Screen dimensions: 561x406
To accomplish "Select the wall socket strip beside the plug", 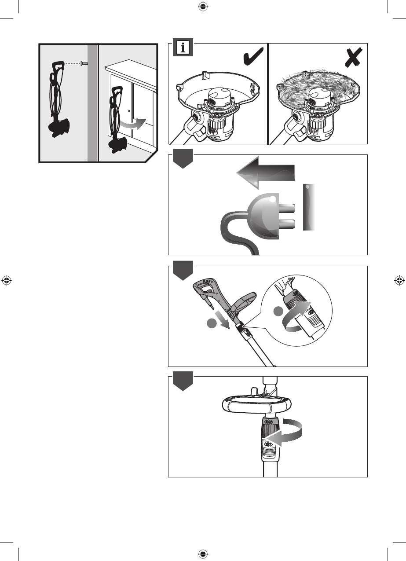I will (310, 207).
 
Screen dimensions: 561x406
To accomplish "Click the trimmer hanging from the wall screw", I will (57, 101).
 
